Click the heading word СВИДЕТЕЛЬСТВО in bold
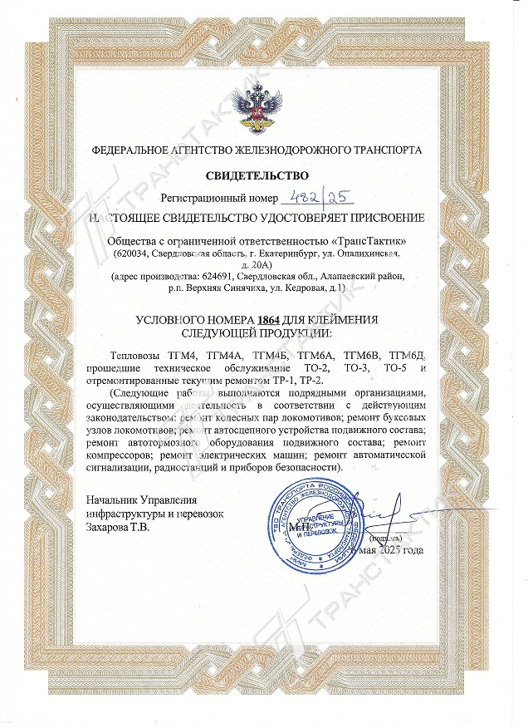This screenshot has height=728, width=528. [x=257, y=175]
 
